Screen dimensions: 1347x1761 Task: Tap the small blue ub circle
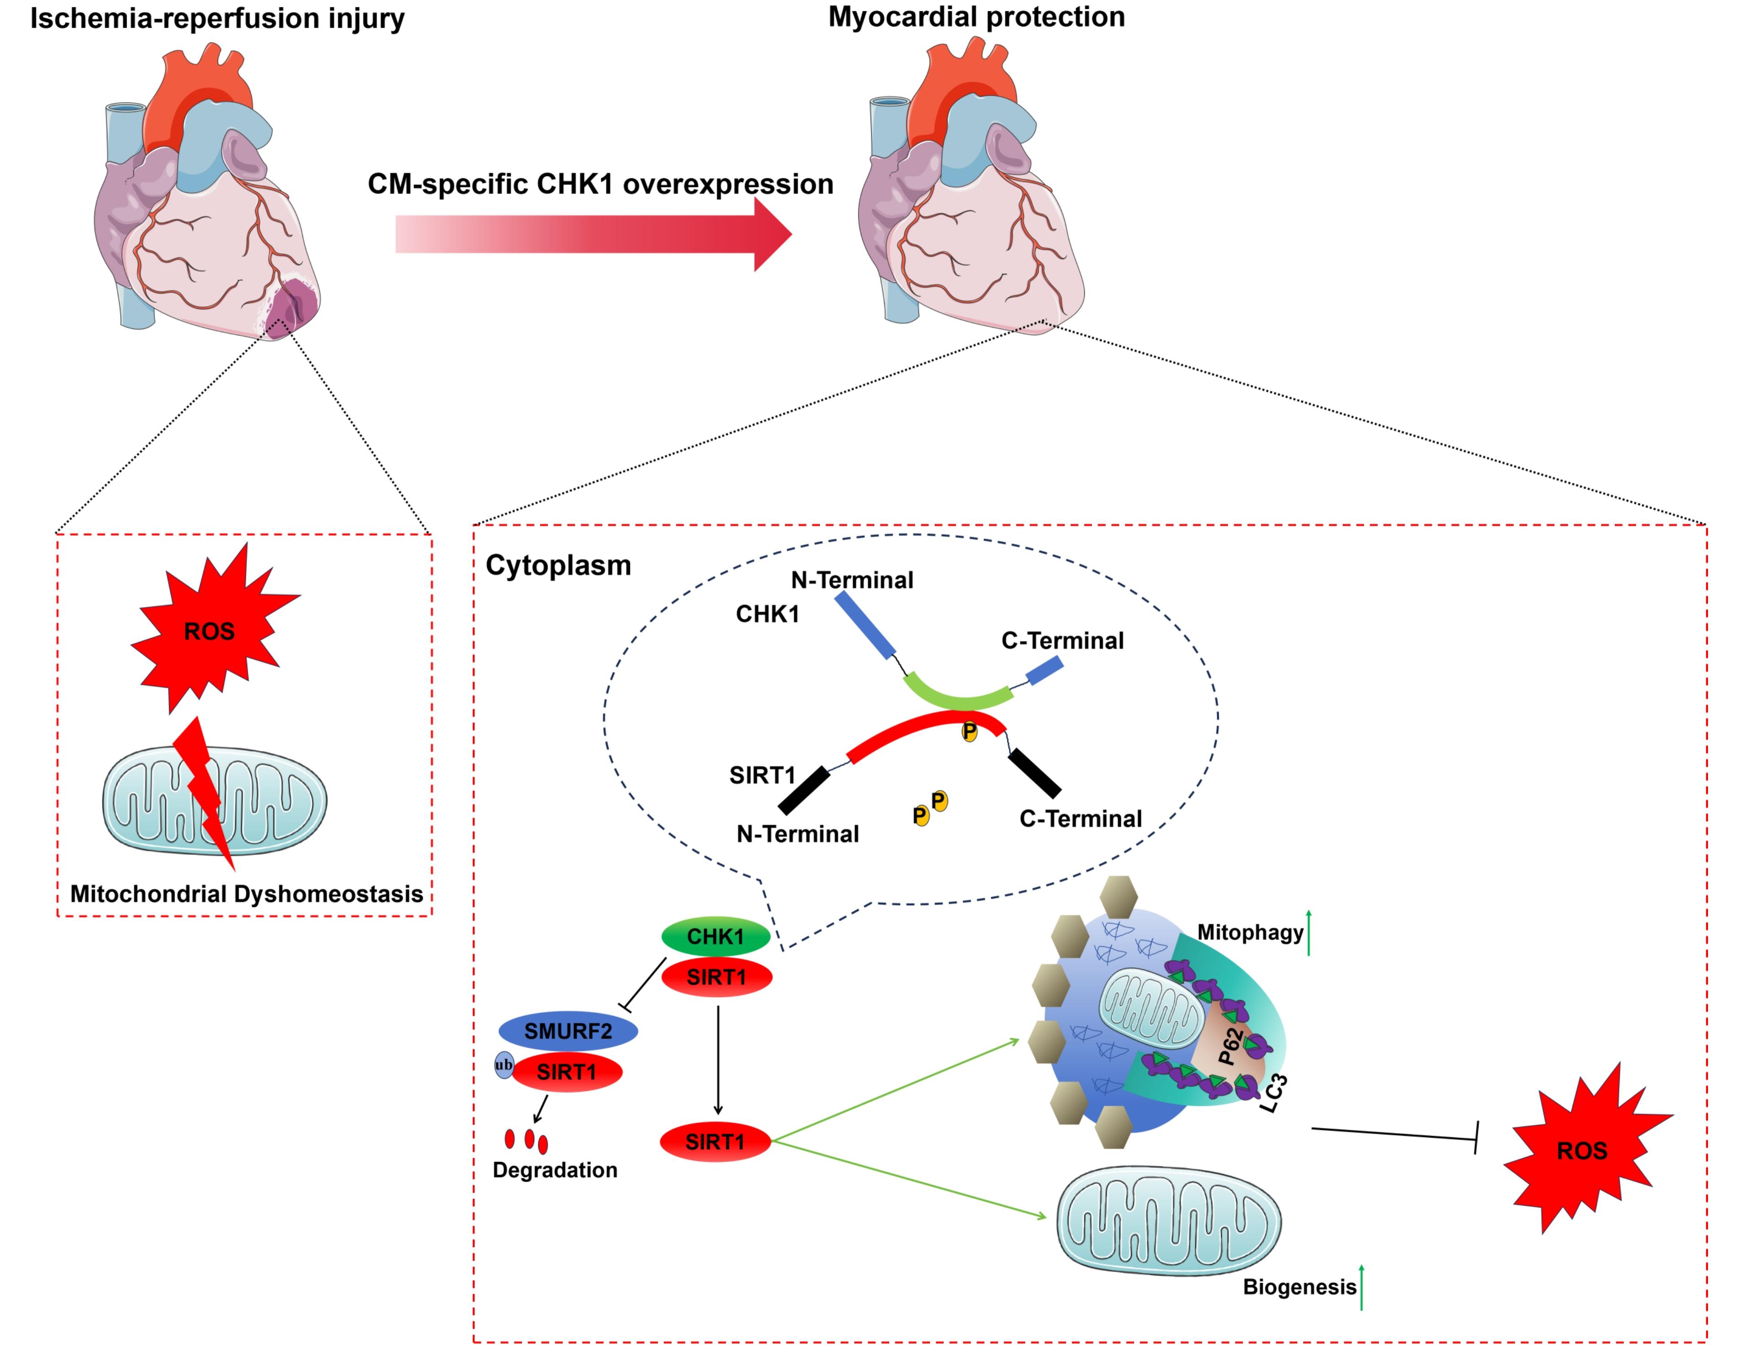click(x=504, y=1065)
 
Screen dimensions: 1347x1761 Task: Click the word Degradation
click(x=555, y=1170)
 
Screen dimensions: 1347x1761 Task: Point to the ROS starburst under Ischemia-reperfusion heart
click(x=210, y=631)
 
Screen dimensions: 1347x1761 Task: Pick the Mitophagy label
click(x=1249, y=932)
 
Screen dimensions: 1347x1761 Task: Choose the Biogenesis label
click(x=1299, y=1287)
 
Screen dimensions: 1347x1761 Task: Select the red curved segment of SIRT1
click(x=922, y=730)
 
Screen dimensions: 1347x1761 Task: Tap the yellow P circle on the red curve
click(x=970, y=731)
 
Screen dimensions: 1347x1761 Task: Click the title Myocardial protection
click(x=976, y=17)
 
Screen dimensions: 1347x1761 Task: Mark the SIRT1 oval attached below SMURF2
click(x=567, y=1072)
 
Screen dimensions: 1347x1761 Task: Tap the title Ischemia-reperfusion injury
click(x=217, y=18)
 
